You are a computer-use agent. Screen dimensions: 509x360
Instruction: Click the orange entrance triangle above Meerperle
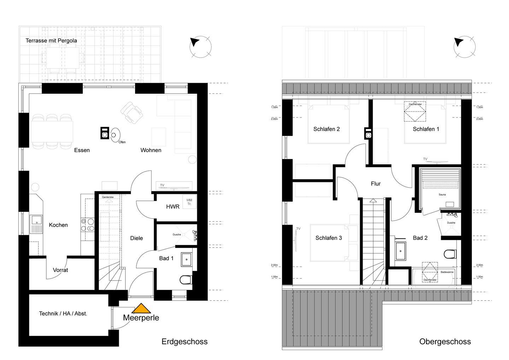141,308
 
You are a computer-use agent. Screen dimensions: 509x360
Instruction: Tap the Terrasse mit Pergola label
51,41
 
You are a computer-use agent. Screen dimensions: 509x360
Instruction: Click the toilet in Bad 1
186,280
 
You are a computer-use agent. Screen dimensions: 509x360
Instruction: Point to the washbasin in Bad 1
187,259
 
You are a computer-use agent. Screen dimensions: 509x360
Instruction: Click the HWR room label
173,207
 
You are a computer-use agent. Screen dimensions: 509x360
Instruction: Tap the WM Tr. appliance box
189,202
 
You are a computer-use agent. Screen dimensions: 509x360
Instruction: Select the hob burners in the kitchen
88,225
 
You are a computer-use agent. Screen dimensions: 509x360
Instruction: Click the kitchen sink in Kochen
36,224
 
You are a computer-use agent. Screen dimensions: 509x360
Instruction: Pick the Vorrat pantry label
60,270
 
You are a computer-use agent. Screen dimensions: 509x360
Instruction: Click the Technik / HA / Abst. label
63,314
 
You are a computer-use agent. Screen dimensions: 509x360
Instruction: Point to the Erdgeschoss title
185,342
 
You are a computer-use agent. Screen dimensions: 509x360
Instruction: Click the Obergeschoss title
445,342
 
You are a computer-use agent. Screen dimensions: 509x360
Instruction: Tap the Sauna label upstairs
442,194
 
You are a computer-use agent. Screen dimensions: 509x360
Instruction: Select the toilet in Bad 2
450,254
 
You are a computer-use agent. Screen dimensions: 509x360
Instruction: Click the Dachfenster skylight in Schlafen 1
415,111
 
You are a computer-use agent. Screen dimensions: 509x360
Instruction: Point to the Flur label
376,184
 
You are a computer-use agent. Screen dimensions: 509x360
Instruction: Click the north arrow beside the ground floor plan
195,42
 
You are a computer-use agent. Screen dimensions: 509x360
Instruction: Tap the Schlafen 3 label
329,238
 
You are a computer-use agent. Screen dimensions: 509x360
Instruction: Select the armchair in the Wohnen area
131,112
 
